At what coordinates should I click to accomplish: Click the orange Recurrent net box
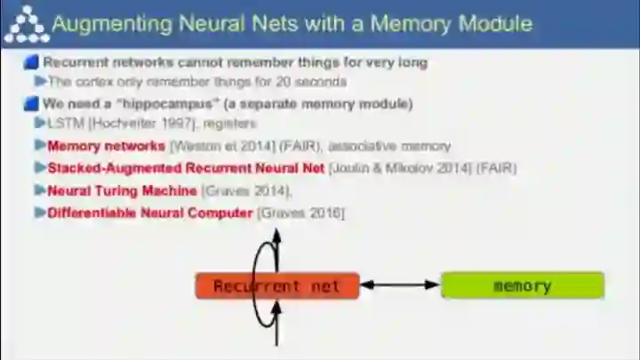click(277, 285)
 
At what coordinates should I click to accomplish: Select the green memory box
click(523, 285)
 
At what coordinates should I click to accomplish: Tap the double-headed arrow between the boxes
click(400, 285)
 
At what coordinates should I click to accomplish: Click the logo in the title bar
click(24, 22)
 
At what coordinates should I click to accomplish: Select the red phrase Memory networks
click(106, 146)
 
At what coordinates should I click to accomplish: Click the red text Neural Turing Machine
click(122, 190)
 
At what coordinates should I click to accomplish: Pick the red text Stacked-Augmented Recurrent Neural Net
click(187, 168)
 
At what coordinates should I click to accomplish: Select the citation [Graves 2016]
click(300, 212)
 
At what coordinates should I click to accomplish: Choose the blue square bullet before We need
click(32, 104)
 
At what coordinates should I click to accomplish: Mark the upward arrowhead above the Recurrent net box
click(278, 234)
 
